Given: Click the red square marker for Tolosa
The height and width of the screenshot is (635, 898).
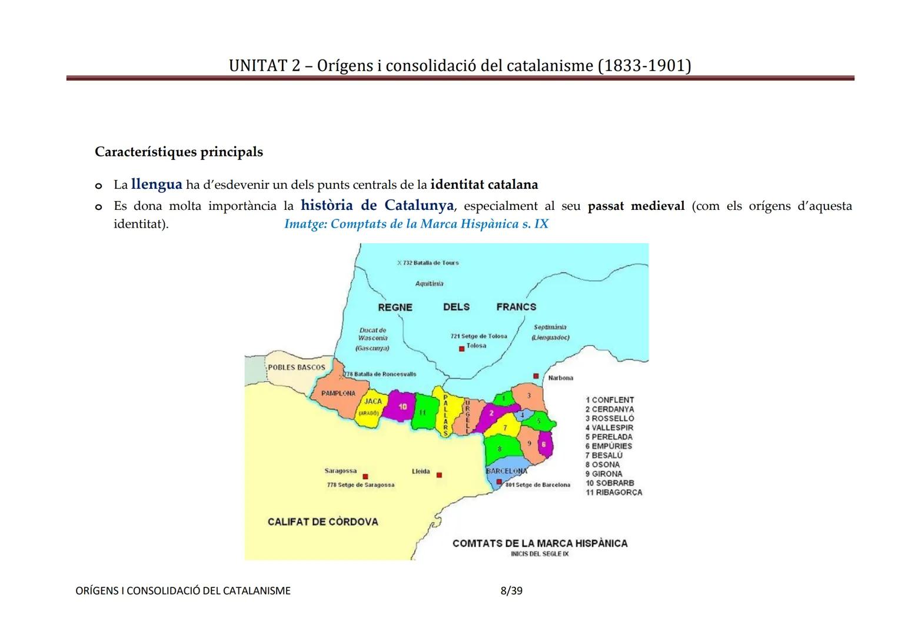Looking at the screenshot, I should tap(462, 349).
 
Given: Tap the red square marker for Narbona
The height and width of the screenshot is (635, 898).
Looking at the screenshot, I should tap(536, 376).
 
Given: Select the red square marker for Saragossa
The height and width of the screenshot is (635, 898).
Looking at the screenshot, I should tap(365, 477).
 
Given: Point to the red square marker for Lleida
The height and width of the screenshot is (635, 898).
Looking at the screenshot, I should tap(439, 475).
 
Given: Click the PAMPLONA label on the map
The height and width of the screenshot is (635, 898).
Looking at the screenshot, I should tap(338, 393).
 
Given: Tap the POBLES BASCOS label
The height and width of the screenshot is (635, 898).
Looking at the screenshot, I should tap(297, 367).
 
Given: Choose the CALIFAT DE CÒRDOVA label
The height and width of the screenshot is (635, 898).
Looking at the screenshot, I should tap(322, 522).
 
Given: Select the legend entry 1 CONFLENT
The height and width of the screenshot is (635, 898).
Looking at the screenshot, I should tap(609, 400).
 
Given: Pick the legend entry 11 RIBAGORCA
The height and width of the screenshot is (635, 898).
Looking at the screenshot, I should tap(613, 493).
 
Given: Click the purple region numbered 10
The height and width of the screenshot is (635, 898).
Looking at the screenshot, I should tap(403, 407).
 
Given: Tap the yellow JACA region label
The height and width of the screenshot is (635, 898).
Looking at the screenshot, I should tap(373, 402).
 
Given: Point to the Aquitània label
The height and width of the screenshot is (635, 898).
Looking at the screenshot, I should tap(430, 283).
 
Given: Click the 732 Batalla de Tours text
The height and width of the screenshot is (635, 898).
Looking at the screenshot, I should tap(430, 263).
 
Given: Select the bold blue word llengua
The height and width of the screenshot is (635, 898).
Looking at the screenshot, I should tap(157, 184).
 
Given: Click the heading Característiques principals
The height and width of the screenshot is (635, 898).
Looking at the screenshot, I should tap(179, 152).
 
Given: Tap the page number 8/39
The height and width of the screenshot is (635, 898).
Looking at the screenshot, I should tap(511, 590).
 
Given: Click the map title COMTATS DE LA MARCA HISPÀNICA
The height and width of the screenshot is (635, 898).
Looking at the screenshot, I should tap(540, 543).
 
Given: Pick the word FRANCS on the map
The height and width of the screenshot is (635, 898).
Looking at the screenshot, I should tap(516, 307).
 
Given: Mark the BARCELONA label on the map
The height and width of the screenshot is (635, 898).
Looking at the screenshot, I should tap(506, 471).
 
